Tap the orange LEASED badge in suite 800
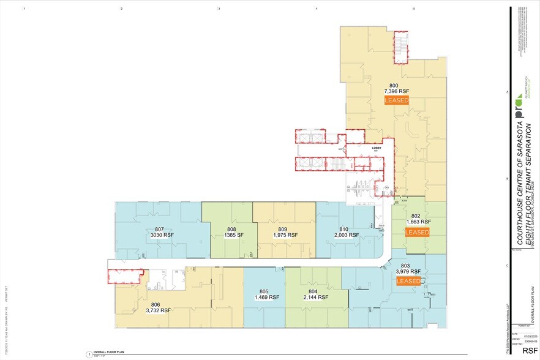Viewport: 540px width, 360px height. (x=396, y=100)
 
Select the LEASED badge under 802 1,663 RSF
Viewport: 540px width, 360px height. (x=417, y=232)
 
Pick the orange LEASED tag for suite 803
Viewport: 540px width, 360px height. (x=408, y=281)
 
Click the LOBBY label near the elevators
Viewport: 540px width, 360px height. (x=377, y=148)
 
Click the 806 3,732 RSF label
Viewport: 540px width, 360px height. (x=158, y=307)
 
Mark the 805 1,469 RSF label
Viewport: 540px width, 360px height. (x=266, y=294)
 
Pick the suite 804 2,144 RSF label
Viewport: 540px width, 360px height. (x=315, y=294)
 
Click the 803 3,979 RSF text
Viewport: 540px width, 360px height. (x=409, y=268)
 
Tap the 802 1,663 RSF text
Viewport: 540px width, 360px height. (x=418, y=219)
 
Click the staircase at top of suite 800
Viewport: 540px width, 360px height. (x=401, y=47)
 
